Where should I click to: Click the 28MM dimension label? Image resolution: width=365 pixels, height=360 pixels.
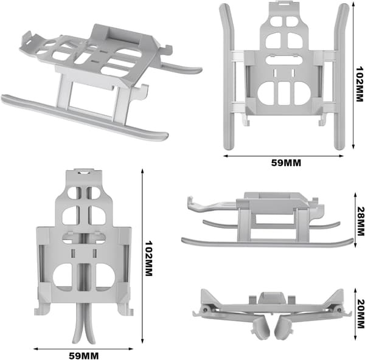click(x=360, y=221)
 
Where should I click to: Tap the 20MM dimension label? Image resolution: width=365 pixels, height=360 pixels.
click(x=360, y=314)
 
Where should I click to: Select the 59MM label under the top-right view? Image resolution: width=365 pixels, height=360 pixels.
click(x=286, y=163)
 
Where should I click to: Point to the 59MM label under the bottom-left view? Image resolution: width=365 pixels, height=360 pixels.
click(x=83, y=356)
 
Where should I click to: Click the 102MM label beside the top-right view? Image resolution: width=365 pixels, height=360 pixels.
click(x=360, y=84)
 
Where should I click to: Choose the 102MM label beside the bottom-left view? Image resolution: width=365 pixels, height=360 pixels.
click(x=149, y=258)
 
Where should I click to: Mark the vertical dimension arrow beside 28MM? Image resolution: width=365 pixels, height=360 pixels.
click(x=355, y=220)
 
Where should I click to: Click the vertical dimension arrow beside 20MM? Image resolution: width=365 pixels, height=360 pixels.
click(x=355, y=314)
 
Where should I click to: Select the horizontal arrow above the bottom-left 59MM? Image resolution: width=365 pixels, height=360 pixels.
click(x=83, y=348)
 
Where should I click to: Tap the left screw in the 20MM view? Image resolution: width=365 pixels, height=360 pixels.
click(x=205, y=310)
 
